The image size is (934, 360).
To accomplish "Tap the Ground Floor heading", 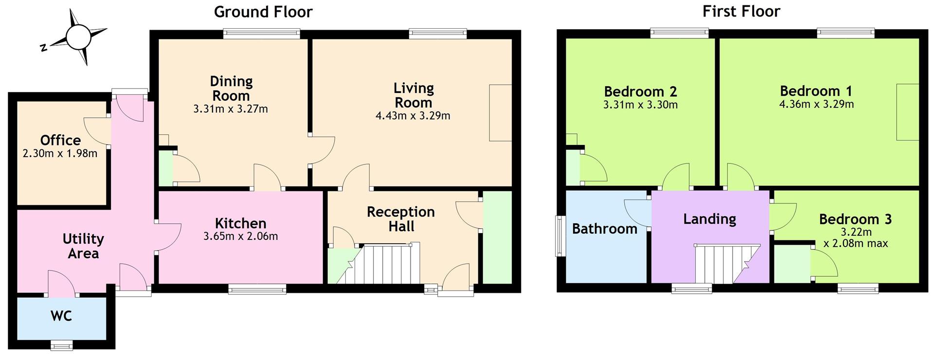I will click(263, 11).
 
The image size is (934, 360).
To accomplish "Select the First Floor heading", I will click(741, 11).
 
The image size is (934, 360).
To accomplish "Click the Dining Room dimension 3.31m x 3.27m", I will click(231, 109).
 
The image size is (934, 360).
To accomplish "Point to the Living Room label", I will click(413, 95).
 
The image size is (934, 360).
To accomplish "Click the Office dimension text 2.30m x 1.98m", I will click(60, 154).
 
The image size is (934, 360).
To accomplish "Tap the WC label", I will click(61, 316).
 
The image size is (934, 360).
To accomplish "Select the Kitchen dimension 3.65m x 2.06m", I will click(240, 236).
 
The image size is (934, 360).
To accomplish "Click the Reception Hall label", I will click(401, 219).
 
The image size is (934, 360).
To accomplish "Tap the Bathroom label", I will click(604, 229).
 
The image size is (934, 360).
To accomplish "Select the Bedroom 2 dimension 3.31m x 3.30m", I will click(640, 105).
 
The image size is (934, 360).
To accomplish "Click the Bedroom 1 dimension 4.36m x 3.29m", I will click(816, 104).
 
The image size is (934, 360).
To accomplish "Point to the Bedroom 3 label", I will click(855, 219).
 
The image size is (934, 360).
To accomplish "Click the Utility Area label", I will click(83, 246).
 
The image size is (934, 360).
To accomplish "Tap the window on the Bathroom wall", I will click(560, 236).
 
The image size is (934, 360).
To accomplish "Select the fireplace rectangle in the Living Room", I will click(500, 113).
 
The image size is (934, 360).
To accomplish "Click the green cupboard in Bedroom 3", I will click(791, 264).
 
